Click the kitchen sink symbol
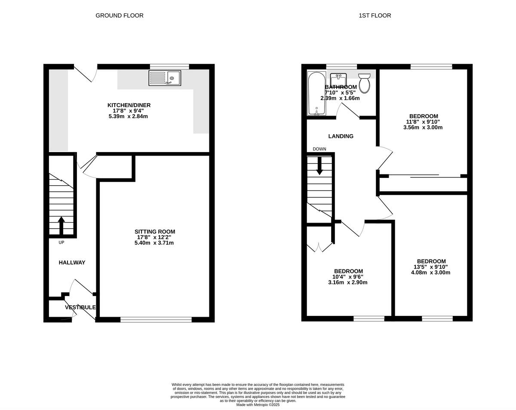[x=165, y=78]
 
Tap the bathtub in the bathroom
[x=316, y=94]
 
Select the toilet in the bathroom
[x=364, y=83]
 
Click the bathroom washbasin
[x=338, y=80]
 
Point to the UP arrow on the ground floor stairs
[x=61, y=225]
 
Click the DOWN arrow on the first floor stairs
[x=319, y=166]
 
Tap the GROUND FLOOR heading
[x=119, y=15]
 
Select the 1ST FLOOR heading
[x=375, y=15]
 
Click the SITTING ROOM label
[x=155, y=232]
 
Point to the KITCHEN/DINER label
[x=129, y=105]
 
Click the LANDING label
[x=341, y=136]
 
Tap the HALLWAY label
[x=72, y=263]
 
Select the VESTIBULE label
[x=80, y=307]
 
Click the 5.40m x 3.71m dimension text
[x=154, y=243]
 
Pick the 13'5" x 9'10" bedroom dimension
[x=431, y=267]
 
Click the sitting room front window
[x=156, y=319]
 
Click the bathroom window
[x=341, y=66]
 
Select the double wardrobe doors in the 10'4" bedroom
[x=319, y=248]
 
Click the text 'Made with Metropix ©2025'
[x=258, y=404]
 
